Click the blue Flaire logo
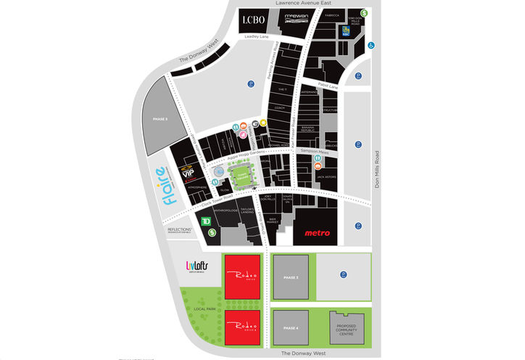[163, 186]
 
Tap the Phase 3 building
[290, 277]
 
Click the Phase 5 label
[160, 118]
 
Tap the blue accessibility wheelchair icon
[371, 45]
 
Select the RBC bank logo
[344, 30]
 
